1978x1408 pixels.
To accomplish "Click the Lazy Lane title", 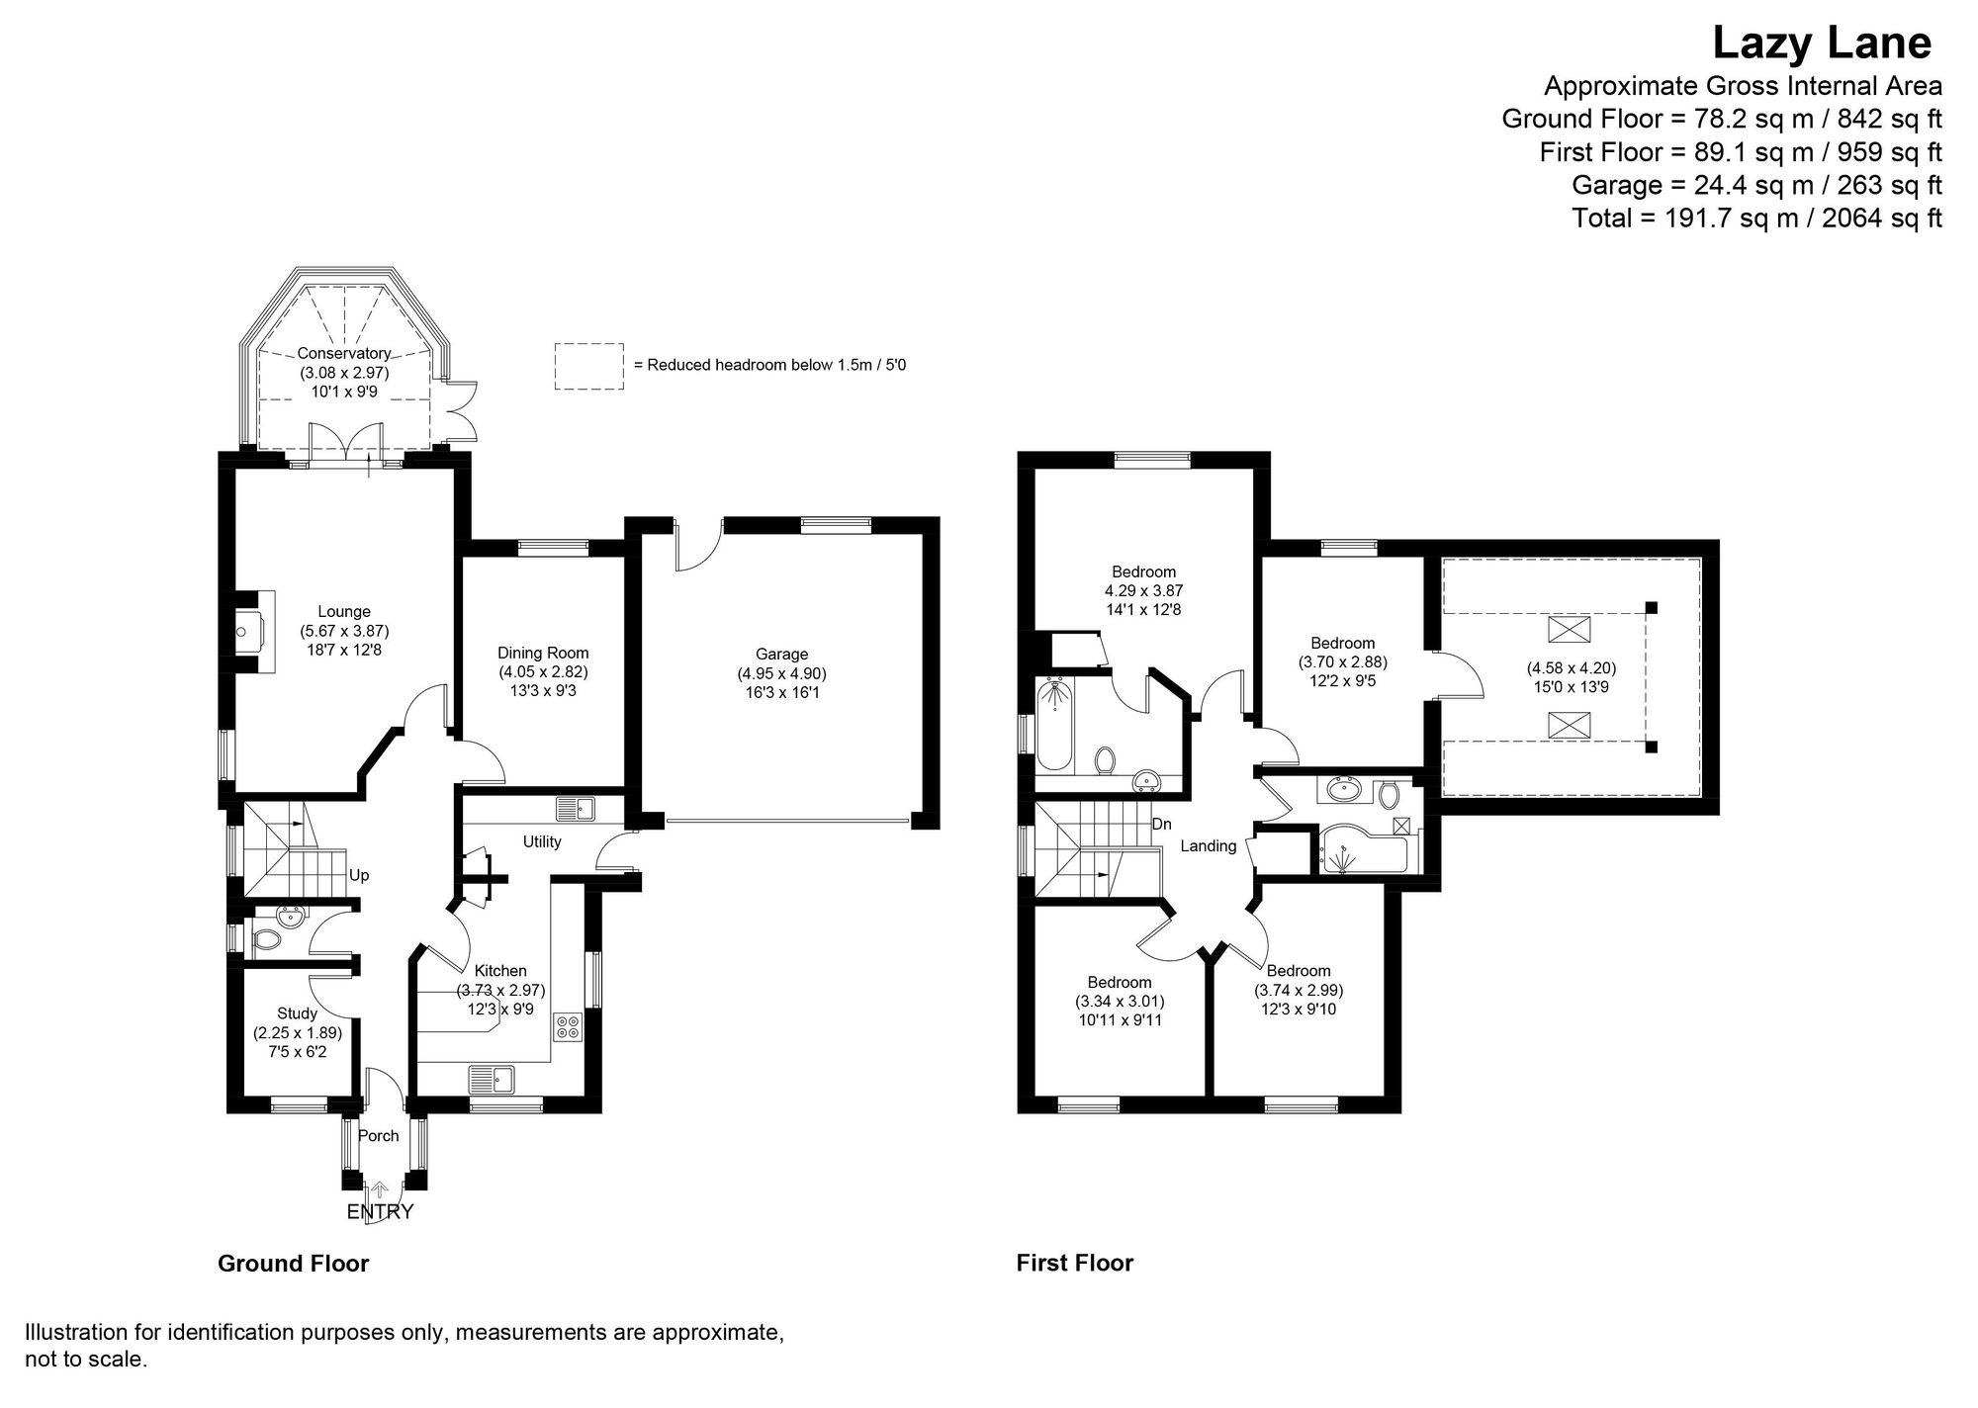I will point(1821,44).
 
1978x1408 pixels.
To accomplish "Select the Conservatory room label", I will point(344,354).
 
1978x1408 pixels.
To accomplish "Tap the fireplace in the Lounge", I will point(252,632).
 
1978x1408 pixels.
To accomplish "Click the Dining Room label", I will point(543,653).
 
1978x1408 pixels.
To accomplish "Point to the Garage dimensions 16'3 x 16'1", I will point(781,693).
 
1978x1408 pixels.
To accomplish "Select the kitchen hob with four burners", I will point(569,1026).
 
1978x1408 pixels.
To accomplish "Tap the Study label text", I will point(297,1013).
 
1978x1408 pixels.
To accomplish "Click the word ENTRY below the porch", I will point(380,1212).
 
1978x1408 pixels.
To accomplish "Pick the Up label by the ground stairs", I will point(360,876).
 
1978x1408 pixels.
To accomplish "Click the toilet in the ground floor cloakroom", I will point(265,939).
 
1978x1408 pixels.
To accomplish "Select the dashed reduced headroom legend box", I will point(588,366).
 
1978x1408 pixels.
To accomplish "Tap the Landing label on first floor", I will point(1209,846).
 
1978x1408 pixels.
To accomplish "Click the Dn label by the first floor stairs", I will point(1161,824).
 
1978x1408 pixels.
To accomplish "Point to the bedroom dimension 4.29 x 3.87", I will point(1143,590).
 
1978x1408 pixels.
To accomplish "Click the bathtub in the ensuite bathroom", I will point(1055,725).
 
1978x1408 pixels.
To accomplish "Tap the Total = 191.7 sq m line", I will point(1756,218).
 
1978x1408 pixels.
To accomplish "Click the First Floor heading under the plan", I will point(1074,1263).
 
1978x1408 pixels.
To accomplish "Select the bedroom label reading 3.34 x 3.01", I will point(1120,1001).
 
